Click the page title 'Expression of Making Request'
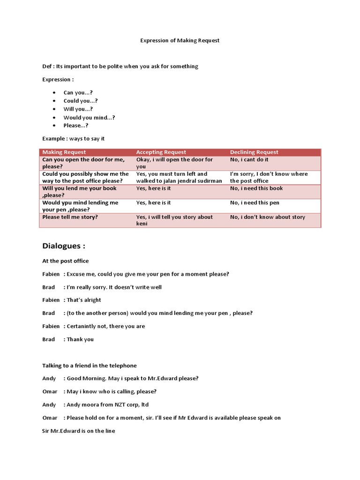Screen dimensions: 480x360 click(180, 40)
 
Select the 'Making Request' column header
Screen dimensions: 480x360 click(64, 152)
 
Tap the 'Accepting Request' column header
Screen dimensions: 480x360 click(161, 152)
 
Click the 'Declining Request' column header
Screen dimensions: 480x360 click(254, 152)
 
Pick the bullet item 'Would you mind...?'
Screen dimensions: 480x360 click(89, 118)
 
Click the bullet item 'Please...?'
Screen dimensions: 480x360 click(76, 126)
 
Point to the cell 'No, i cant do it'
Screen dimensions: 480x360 click(249, 159)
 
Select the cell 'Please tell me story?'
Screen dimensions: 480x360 click(70, 217)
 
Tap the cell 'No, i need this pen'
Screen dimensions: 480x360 click(255, 202)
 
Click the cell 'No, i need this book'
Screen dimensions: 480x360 click(256, 188)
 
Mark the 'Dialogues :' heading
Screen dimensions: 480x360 click(64, 246)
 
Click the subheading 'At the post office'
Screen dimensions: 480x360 click(65, 261)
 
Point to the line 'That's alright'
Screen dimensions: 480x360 click(84, 300)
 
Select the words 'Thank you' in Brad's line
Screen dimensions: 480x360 click(80, 339)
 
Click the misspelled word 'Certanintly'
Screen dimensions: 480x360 click(85, 326)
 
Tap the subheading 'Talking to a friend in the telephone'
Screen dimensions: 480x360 click(90, 366)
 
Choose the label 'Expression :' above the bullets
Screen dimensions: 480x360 click(58, 79)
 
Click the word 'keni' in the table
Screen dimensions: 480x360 click(142, 224)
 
